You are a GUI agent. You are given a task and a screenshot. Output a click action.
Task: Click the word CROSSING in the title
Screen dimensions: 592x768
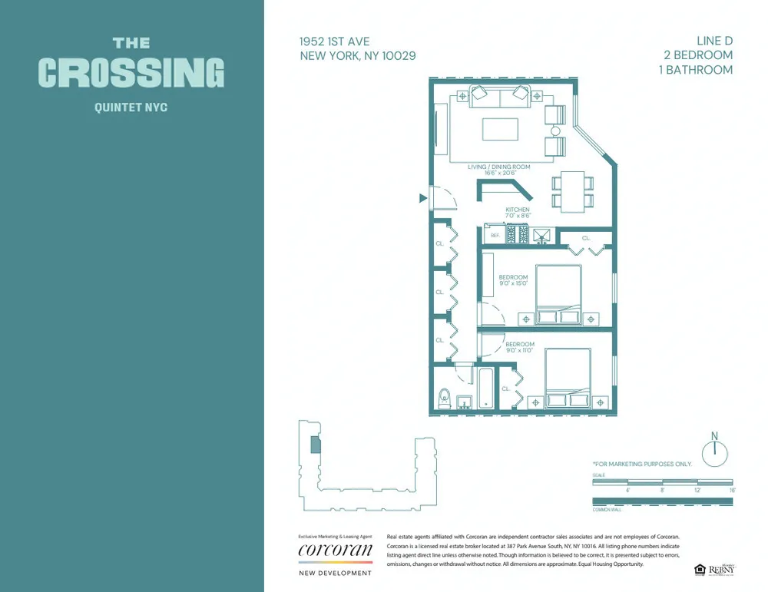coord(131,73)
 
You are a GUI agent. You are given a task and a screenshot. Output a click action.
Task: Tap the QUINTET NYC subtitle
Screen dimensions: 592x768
coord(131,107)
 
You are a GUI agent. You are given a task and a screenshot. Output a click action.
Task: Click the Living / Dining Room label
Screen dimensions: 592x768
coord(499,167)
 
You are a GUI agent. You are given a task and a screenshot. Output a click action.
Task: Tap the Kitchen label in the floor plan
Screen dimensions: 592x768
coord(517,210)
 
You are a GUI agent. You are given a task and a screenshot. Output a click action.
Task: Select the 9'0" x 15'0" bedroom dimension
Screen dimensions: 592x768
coord(513,283)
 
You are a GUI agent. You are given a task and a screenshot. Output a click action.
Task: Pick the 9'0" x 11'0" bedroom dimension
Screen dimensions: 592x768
coord(519,350)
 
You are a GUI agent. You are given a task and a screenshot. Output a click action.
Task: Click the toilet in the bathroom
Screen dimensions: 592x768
coord(442,399)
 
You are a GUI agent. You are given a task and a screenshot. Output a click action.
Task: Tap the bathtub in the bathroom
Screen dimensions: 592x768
coord(487,389)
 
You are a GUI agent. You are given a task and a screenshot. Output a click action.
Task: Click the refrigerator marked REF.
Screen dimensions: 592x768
coord(495,235)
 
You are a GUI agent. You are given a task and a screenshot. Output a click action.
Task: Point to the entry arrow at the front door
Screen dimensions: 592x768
coord(422,198)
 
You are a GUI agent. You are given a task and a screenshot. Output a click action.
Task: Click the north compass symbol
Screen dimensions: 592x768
coord(714,452)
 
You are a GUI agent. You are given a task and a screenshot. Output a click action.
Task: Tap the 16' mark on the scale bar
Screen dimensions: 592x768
coord(732,489)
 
